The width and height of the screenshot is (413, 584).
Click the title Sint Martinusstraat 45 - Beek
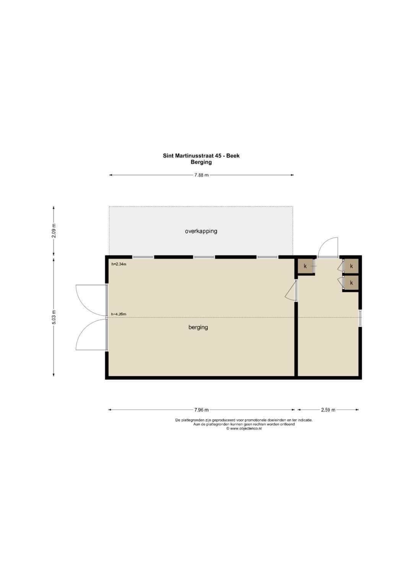[201, 156]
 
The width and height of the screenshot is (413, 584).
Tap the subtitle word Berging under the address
[201, 162]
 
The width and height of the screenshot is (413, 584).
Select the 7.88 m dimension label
[202, 175]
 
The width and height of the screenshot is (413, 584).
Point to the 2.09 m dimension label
[54, 231]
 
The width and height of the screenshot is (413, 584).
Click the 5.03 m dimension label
[54, 317]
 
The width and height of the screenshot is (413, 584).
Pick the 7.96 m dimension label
[202, 410]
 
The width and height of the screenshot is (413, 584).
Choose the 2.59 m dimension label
[328, 410]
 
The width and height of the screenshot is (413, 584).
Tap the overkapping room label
[201, 231]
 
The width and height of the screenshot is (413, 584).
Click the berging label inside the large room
[198, 327]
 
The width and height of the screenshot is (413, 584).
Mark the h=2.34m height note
[119, 264]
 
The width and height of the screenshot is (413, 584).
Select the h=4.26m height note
[119, 314]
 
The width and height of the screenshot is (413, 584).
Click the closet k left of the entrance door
[305, 267]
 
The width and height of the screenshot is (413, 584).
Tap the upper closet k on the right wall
[351, 266]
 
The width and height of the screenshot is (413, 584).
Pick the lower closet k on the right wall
[351, 283]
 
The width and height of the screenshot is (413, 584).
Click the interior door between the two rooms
[291, 291]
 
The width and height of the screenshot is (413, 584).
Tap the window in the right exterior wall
[360, 318]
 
